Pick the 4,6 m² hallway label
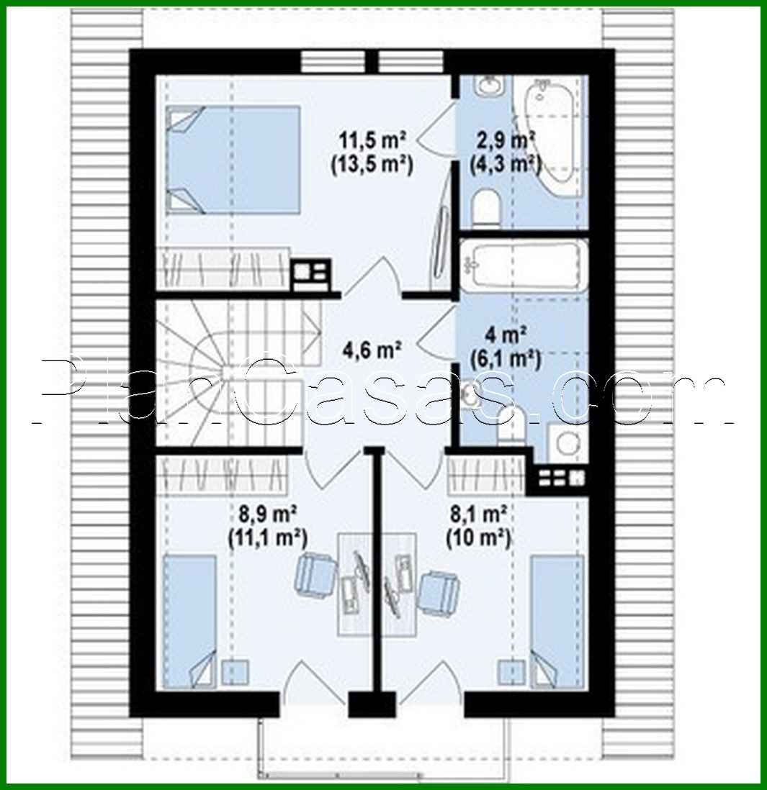point(371,351)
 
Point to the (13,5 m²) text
point(371,164)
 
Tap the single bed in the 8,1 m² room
point(557,620)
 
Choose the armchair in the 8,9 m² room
point(315,572)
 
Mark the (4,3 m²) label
point(506,164)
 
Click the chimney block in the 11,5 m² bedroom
point(310,274)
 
